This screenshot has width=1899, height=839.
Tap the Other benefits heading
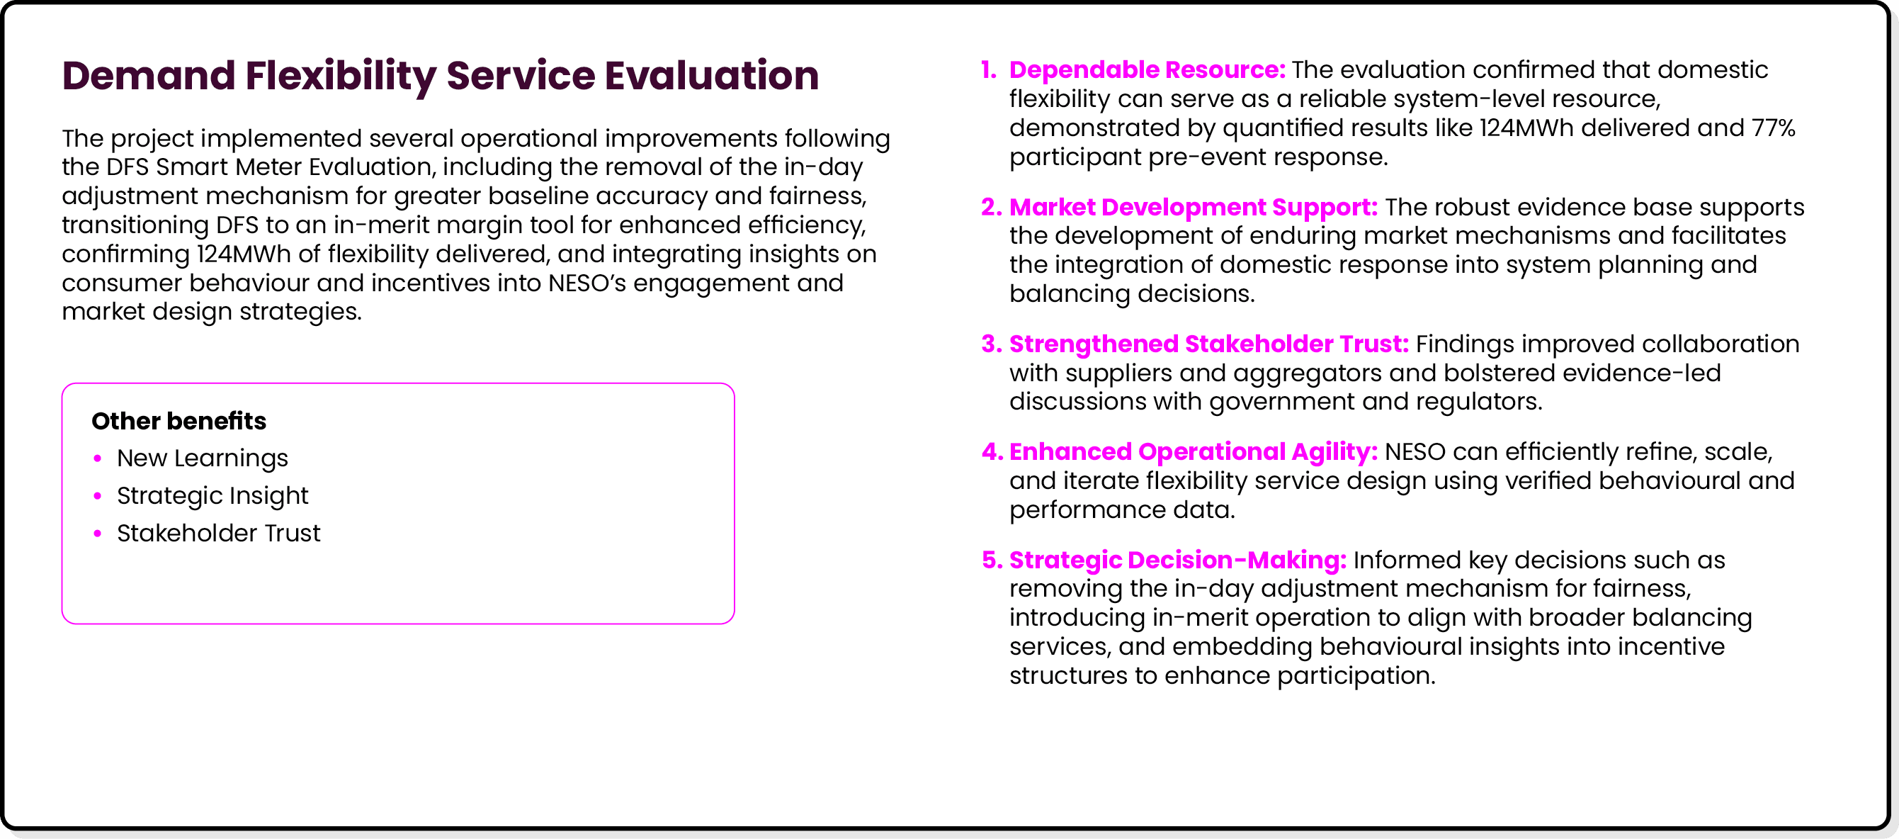[x=178, y=421]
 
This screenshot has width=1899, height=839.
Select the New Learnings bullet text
[x=202, y=458]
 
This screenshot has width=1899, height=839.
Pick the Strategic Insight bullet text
[x=212, y=496]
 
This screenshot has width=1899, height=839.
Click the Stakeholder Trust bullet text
[x=218, y=533]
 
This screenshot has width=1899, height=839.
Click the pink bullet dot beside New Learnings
[x=97, y=458]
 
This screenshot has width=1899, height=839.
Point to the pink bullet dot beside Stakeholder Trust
[x=97, y=533]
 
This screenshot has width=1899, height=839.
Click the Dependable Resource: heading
[x=1146, y=70]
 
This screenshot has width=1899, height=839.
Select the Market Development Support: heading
[x=1193, y=207]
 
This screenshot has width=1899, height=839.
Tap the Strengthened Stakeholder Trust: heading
[x=1208, y=344]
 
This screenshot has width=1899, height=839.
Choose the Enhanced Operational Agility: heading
[x=1193, y=452]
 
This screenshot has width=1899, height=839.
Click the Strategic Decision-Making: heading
[x=1177, y=561]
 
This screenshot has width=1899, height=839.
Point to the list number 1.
[x=988, y=70]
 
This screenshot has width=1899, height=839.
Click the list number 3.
[x=990, y=344]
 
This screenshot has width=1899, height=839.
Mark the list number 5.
[x=991, y=561]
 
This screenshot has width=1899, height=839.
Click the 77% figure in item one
[x=1773, y=128]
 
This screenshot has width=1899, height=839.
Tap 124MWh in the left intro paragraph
[x=243, y=254]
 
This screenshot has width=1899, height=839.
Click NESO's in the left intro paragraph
[x=586, y=283]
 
